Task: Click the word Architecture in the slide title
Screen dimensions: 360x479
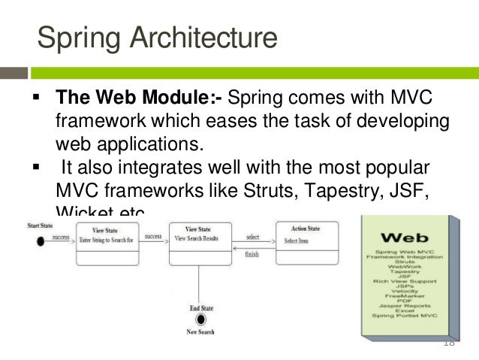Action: [201, 37]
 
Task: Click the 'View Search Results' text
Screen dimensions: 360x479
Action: [198, 238]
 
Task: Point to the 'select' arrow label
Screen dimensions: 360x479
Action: [254, 237]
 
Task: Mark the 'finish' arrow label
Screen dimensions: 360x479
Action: [253, 254]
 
